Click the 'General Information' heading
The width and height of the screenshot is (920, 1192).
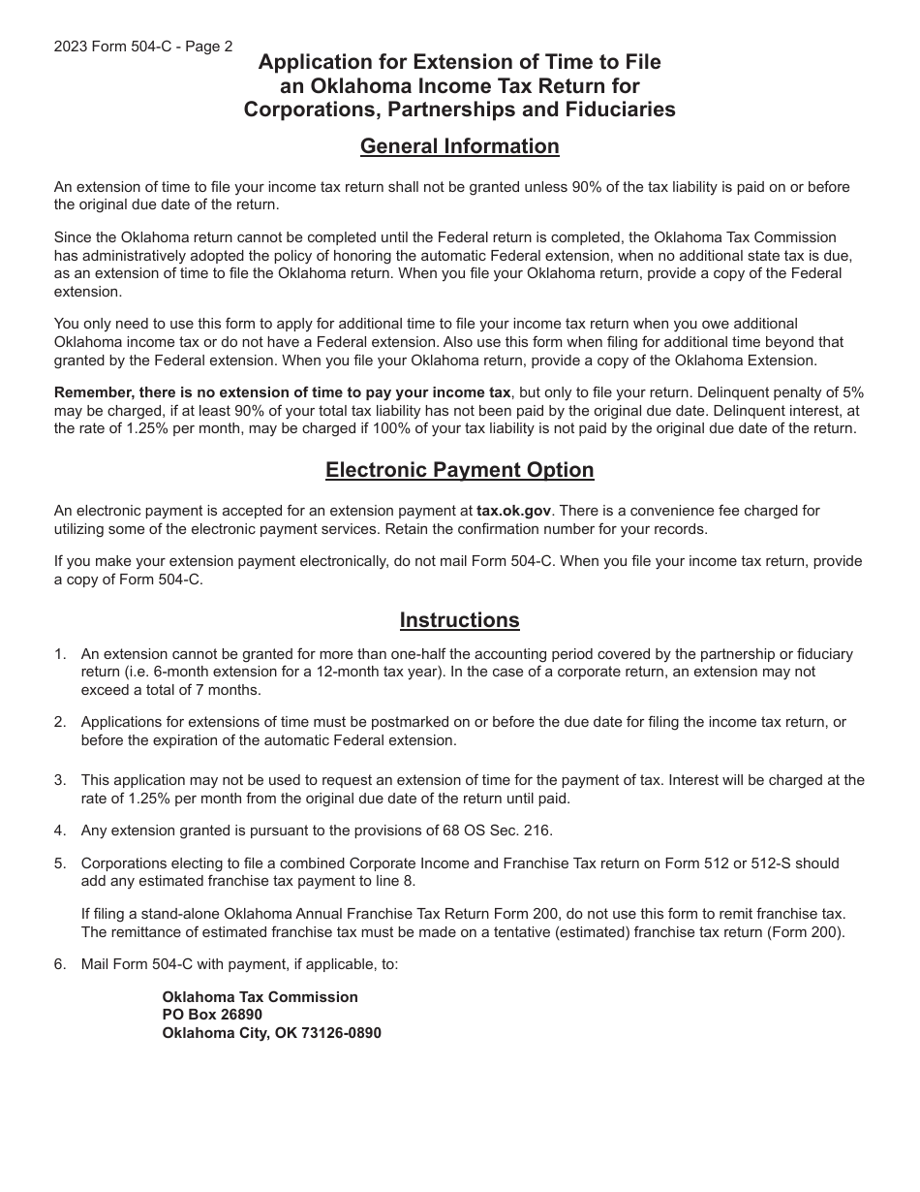click(459, 146)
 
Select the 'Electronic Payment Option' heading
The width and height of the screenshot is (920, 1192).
click(459, 470)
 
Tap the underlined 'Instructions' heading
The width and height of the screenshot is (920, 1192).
click(459, 620)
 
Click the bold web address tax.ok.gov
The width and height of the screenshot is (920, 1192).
click(510, 511)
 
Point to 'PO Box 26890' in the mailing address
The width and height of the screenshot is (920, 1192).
click(212, 1015)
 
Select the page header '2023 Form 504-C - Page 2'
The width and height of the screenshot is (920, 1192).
click(143, 47)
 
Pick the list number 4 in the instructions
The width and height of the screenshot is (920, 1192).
click(60, 831)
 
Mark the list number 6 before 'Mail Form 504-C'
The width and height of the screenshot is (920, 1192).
click(60, 964)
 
